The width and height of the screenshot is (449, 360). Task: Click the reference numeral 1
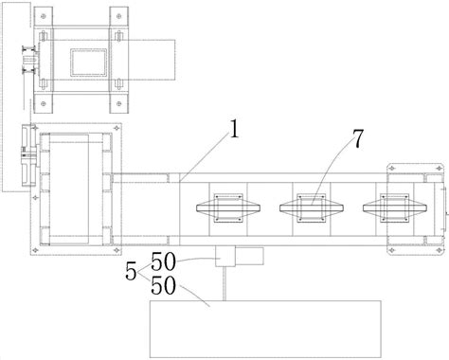click(234, 130)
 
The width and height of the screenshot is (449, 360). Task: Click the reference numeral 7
click(357, 139)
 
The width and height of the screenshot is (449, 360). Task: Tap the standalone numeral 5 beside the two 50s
click(131, 271)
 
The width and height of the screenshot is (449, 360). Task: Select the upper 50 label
click(163, 261)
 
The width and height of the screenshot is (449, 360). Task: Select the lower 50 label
click(163, 285)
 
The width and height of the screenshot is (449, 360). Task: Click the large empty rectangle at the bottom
click(265, 329)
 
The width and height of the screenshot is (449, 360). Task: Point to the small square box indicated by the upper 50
click(225, 257)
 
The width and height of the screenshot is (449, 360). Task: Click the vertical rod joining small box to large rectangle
click(224, 283)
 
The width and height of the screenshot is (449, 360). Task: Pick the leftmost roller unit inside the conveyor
click(228, 208)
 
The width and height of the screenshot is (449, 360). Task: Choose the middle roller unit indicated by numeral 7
click(312, 208)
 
